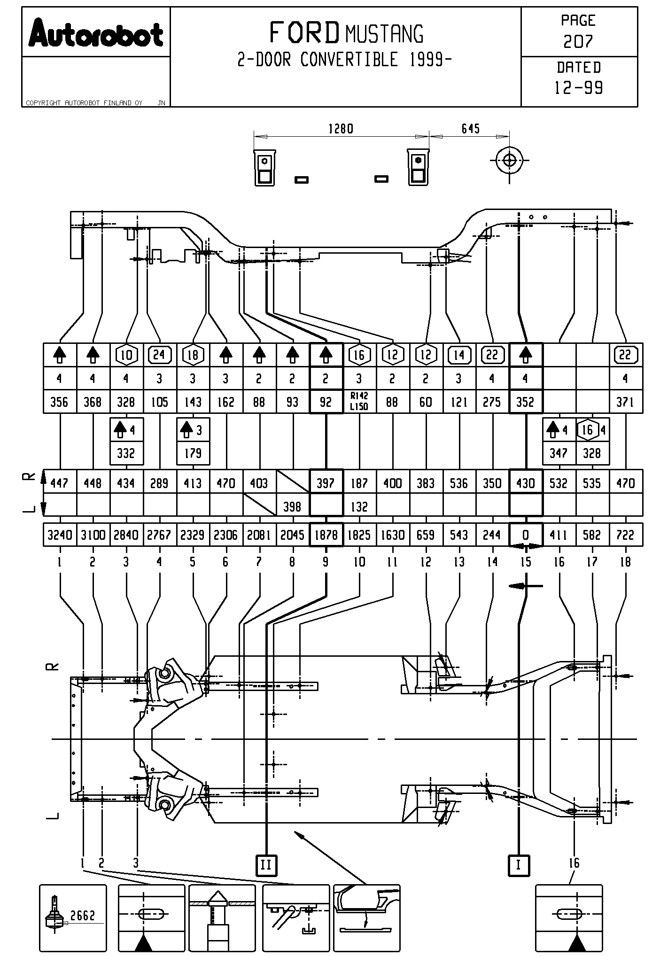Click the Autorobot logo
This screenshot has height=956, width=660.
(x=96, y=33)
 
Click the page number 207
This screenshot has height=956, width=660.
(x=578, y=42)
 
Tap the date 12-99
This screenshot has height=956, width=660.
(x=579, y=88)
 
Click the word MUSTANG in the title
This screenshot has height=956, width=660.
(x=384, y=34)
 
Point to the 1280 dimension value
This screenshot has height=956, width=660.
(x=341, y=129)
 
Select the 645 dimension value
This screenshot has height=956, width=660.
(x=470, y=129)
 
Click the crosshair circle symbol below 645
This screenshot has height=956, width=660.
(x=509, y=160)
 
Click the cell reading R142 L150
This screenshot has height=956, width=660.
(x=359, y=402)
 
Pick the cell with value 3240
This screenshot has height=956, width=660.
(x=60, y=535)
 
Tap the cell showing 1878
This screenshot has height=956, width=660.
(x=326, y=535)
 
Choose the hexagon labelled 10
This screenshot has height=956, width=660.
(x=126, y=355)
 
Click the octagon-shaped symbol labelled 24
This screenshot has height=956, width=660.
(x=160, y=355)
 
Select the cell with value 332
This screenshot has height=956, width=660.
(x=126, y=453)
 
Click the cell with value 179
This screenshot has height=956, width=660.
(x=193, y=453)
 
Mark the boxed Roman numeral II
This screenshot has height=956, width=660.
(x=266, y=865)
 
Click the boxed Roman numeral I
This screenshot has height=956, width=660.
(x=519, y=865)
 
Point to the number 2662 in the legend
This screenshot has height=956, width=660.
(x=83, y=915)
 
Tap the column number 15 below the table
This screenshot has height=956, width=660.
(x=526, y=562)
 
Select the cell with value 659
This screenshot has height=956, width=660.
(x=426, y=535)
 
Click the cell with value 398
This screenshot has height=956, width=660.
(x=293, y=506)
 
